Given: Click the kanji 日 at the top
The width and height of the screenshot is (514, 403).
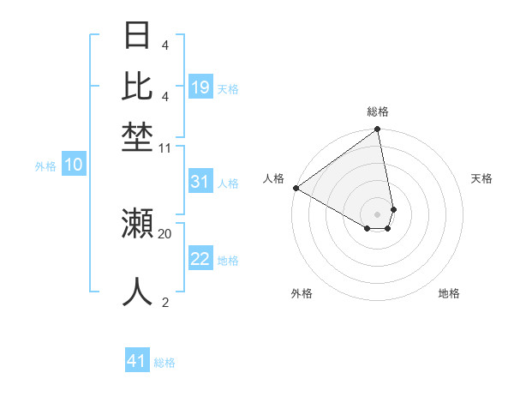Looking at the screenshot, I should click(x=137, y=36).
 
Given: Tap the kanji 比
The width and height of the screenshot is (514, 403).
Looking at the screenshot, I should click(x=137, y=87).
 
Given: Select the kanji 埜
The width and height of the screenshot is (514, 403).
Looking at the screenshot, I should click(x=137, y=137).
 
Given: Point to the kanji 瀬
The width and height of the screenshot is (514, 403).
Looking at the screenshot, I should click(x=137, y=224).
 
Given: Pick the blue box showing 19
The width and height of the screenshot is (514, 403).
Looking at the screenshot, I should click(x=200, y=87).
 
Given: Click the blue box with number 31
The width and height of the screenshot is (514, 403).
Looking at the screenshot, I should click(x=200, y=182).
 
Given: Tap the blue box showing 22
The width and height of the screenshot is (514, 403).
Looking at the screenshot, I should click(x=200, y=259).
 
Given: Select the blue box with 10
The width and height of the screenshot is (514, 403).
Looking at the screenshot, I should click(x=74, y=165).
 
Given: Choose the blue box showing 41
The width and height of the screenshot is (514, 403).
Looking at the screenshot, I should click(x=137, y=361).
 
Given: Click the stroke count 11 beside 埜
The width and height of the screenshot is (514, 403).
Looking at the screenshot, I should click(x=165, y=148).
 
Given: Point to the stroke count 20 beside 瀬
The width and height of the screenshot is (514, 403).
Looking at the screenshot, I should click(x=165, y=233).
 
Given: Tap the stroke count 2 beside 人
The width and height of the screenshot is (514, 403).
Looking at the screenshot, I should click(x=165, y=302).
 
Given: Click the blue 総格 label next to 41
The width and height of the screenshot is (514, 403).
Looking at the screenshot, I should click(x=164, y=363).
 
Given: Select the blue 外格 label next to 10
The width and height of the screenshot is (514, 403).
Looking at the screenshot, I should click(x=45, y=167).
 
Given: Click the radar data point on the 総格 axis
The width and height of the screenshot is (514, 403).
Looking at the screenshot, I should click(x=377, y=130).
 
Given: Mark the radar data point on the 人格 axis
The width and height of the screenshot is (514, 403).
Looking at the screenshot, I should click(x=296, y=188).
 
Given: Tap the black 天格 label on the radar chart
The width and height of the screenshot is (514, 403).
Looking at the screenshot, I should click(x=481, y=178).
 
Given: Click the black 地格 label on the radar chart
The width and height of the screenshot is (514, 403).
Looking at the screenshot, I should click(x=449, y=293).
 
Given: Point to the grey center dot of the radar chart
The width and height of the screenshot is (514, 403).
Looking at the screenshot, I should click(x=377, y=213).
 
